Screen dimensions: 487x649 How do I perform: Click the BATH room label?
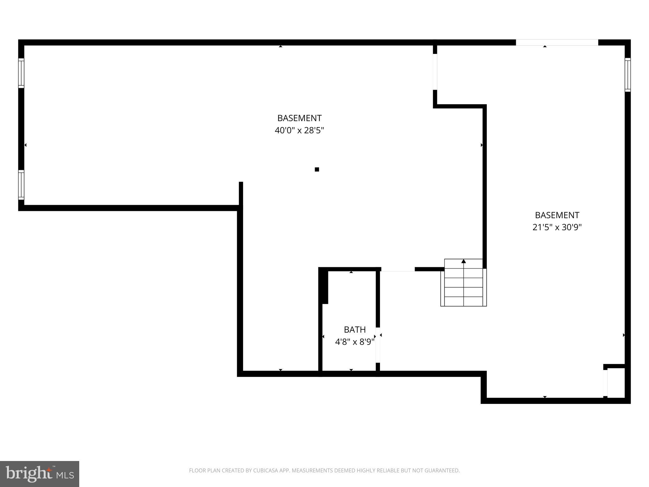355,330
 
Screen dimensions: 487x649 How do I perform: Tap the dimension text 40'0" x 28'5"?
299,130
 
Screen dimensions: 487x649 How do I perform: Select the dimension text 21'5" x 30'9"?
557,227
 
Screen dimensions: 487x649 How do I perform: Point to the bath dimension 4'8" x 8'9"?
355,342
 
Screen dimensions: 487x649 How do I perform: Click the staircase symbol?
463,283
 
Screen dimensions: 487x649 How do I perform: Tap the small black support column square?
317,169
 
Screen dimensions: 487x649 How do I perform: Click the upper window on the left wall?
21,73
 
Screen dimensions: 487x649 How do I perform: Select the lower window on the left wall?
21,185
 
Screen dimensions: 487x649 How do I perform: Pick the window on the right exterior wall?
627,75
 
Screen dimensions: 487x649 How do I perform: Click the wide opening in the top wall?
557,42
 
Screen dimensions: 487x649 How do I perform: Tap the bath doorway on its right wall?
378,345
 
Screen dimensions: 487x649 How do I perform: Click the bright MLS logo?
40,474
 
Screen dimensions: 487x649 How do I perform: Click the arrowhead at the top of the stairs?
464,261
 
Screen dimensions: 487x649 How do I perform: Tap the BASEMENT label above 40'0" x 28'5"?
299,118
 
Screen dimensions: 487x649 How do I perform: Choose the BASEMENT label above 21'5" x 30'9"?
557,215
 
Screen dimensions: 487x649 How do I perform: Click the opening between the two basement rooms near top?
435,72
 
